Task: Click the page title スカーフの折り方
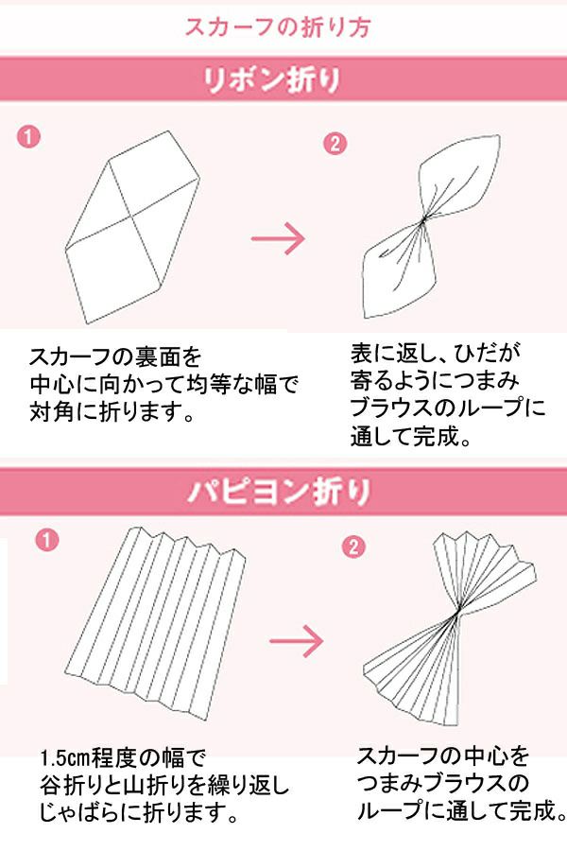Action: pyautogui.click(x=277, y=26)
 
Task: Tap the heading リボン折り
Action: pyautogui.click(x=271, y=80)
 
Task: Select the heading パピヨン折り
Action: pyautogui.click(x=280, y=492)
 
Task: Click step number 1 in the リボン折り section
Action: pyautogui.click(x=28, y=136)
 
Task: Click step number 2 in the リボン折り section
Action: pyautogui.click(x=335, y=144)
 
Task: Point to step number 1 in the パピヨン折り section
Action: pyautogui.click(x=47, y=540)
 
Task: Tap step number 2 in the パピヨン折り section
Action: pyautogui.click(x=353, y=546)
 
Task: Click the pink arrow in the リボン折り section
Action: pyautogui.click(x=279, y=238)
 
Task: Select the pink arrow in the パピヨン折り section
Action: pyautogui.click(x=296, y=641)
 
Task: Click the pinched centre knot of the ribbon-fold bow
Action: pyautogui.click(x=423, y=219)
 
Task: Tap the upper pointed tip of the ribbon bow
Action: pyautogui.click(x=498, y=137)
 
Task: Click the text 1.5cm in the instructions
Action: pyautogui.click(x=64, y=757)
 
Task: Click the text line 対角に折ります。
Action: pyautogui.click(x=112, y=413)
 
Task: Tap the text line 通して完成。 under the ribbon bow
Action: pyautogui.click(x=410, y=436)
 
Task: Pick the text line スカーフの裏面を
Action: pyautogui.click(x=115, y=357)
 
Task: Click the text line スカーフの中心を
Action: pyautogui.click(x=443, y=755)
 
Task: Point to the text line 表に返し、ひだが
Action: pyautogui.click(x=435, y=353)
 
